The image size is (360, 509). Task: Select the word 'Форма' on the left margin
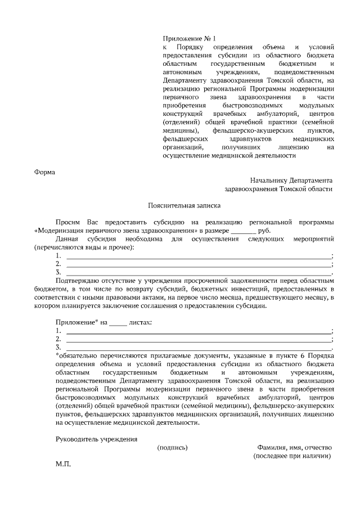(x=44, y=172)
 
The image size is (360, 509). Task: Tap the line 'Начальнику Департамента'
(x=291, y=181)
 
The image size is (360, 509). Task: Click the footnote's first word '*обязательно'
(x=76, y=356)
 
